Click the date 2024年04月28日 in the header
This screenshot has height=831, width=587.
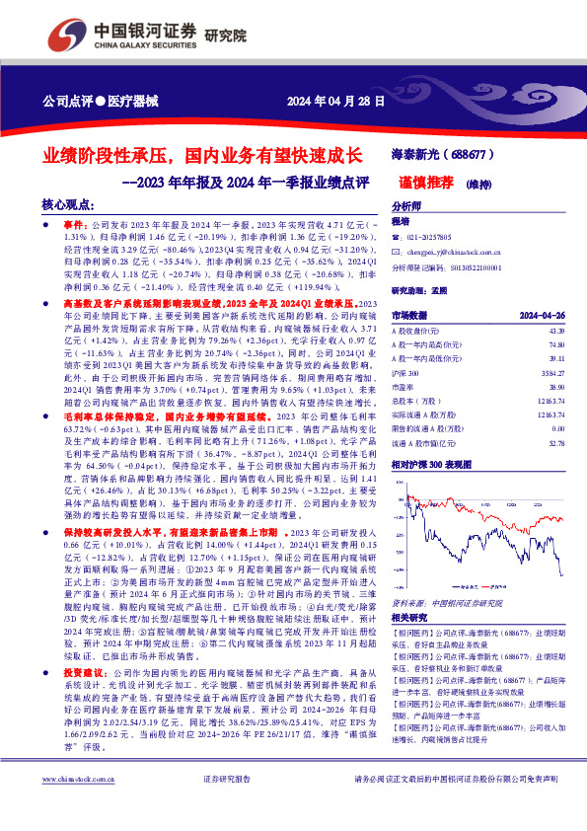tap(327, 102)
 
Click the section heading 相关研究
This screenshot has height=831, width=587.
tap(410, 615)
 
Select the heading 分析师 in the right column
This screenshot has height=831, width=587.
tap(406, 206)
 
